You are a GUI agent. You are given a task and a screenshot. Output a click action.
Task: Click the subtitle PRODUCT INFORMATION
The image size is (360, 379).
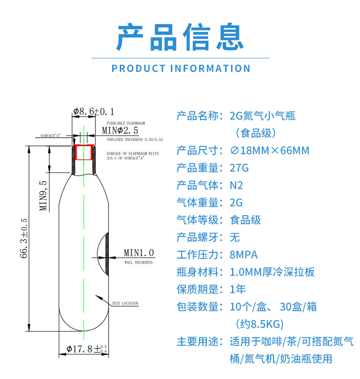(181, 69)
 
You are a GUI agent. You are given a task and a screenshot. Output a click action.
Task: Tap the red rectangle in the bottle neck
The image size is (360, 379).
(84, 152)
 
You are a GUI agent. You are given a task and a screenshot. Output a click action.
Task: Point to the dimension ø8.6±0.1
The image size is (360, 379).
(93, 112)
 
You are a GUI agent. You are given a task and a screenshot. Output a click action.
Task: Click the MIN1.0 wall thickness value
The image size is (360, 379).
(139, 253)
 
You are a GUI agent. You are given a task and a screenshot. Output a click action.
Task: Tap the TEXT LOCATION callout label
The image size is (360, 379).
(125, 303)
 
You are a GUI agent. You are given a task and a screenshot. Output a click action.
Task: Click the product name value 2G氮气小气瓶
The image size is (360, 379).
(263, 116)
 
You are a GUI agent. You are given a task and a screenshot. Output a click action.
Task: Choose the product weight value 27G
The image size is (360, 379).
(239, 168)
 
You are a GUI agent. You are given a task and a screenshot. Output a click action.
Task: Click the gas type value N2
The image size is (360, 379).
(237, 185)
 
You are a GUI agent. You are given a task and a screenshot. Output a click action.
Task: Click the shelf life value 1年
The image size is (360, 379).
(237, 289)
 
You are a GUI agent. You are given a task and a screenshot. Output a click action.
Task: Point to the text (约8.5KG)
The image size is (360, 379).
(260, 324)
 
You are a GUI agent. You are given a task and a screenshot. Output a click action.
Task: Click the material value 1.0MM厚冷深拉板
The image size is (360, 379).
(272, 272)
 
